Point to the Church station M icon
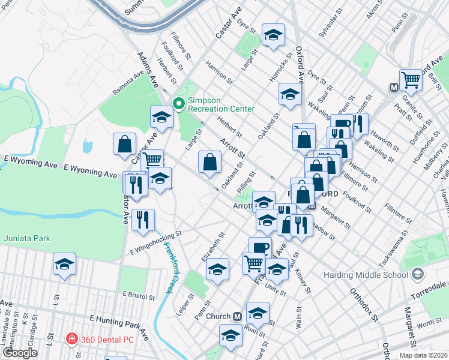click(x=237, y=316)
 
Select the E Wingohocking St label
click(x=155, y=239)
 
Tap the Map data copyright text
click(x=423, y=355)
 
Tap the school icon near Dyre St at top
click(x=273, y=35)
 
